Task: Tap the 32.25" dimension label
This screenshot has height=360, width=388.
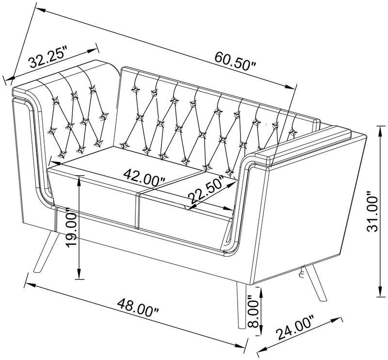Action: [x=48, y=58]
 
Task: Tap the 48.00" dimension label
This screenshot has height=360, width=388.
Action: [x=138, y=308]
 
